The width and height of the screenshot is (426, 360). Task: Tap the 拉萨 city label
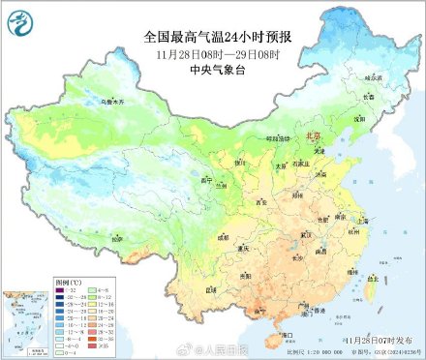(x=117, y=238)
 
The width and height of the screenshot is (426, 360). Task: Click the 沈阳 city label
(x=359, y=119)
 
